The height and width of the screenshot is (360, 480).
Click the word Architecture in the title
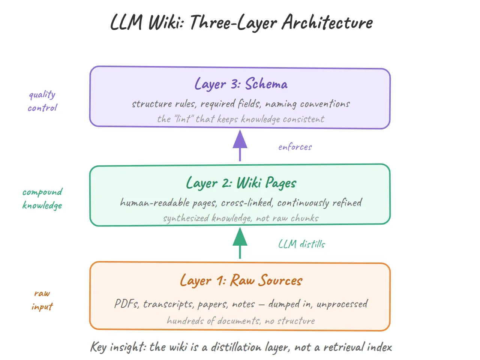point(327,22)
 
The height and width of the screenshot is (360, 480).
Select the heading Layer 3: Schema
point(241,84)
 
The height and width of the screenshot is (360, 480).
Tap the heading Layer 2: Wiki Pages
point(241,183)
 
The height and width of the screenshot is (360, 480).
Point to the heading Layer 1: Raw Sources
point(241,280)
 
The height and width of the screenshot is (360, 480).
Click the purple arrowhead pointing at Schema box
point(240,139)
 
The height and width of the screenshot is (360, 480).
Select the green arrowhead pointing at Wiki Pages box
point(240,237)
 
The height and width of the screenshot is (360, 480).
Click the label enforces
point(295,147)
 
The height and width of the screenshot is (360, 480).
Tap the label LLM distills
point(301,244)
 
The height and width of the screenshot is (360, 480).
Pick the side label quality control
point(42,101)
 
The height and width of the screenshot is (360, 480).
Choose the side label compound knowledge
point(42,199)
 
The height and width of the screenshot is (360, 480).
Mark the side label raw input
point(42,300)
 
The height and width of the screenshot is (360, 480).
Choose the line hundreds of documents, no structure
point(241,321)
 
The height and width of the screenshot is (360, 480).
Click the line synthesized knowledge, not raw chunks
point(241,218)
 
